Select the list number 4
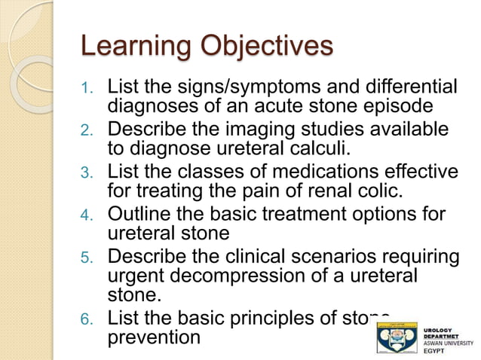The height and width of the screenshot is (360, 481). coord(87,219)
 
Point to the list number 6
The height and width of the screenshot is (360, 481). coord(87,319)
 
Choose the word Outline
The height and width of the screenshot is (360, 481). coord(140,218)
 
